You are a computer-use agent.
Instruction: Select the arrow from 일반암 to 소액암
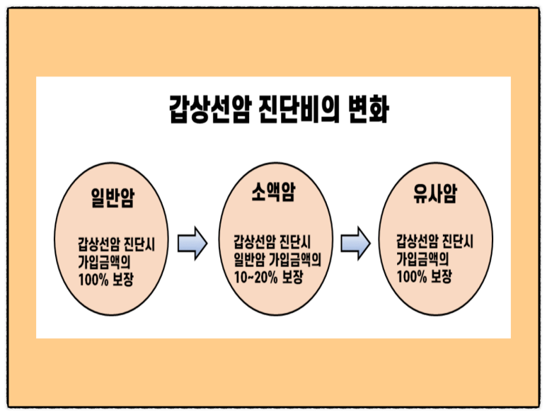pyautogui.click(x=192, y=243)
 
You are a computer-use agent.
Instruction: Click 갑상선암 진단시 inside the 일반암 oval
pyautogui.click(x=117, y=244)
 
